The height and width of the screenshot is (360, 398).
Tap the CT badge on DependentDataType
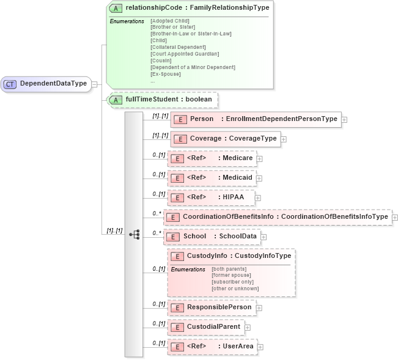pyautogui.click(x=10, y=84)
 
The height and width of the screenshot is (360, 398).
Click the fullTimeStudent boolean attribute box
pyautogui.click(x=162, y=99)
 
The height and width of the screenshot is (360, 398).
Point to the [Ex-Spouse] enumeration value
pyautogui.click(x=166, y=74)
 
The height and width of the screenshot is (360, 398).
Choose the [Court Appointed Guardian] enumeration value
pyautogui.click(x=184, y=54)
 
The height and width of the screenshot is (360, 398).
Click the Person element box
pyautogui.click(x=255, y=119)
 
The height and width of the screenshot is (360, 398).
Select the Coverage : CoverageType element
pyautogui.click(x=225, y=139)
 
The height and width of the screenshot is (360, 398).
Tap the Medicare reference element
pyautogui.click(x=212, y=158)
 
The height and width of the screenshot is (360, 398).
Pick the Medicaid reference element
pyautogui.click(x=212, y=178)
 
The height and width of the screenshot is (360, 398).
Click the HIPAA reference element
pyautogui.click(x=210, y=197)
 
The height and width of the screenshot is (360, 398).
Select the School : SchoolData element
pyautogui.click(x=216, y=236)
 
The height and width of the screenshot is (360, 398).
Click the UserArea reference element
pyautogui.click(x=212, y=347)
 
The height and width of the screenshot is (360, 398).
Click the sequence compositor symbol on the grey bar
pyautogui.click(x=134, y=234)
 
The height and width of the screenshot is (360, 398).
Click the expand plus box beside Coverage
pyautogui.click(x=284, y=139)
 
